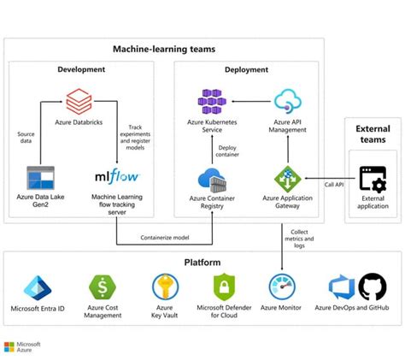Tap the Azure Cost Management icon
[x=102, y=287]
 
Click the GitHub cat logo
[x=373, y=286]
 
